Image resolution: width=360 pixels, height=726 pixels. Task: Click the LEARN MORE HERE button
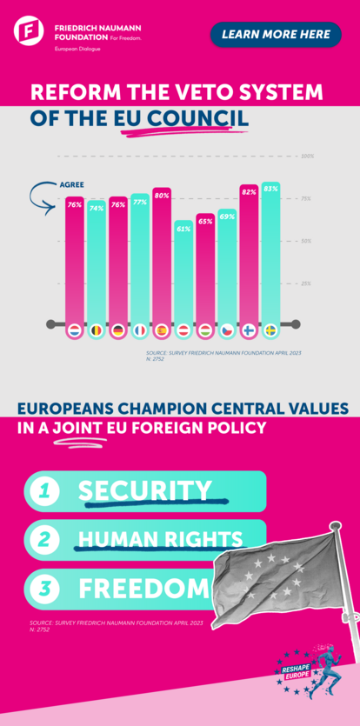click(276, 35)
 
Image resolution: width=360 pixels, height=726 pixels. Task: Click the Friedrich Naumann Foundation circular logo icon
click(30, 32)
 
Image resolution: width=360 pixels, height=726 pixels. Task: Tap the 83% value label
click(270, 189)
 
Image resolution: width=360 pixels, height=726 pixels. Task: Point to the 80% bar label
click(162, 196)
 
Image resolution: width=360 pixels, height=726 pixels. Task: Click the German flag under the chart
click(118, 331)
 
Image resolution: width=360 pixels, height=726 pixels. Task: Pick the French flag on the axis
click(140, 331)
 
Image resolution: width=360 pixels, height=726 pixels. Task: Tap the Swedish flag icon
click(270, 331)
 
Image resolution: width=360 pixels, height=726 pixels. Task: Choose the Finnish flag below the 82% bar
click(249, 331)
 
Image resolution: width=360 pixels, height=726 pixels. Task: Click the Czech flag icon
click(227, 331)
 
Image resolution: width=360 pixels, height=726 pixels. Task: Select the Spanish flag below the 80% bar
click(162, 331)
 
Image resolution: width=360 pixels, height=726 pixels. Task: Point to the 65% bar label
click(205, 222)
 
